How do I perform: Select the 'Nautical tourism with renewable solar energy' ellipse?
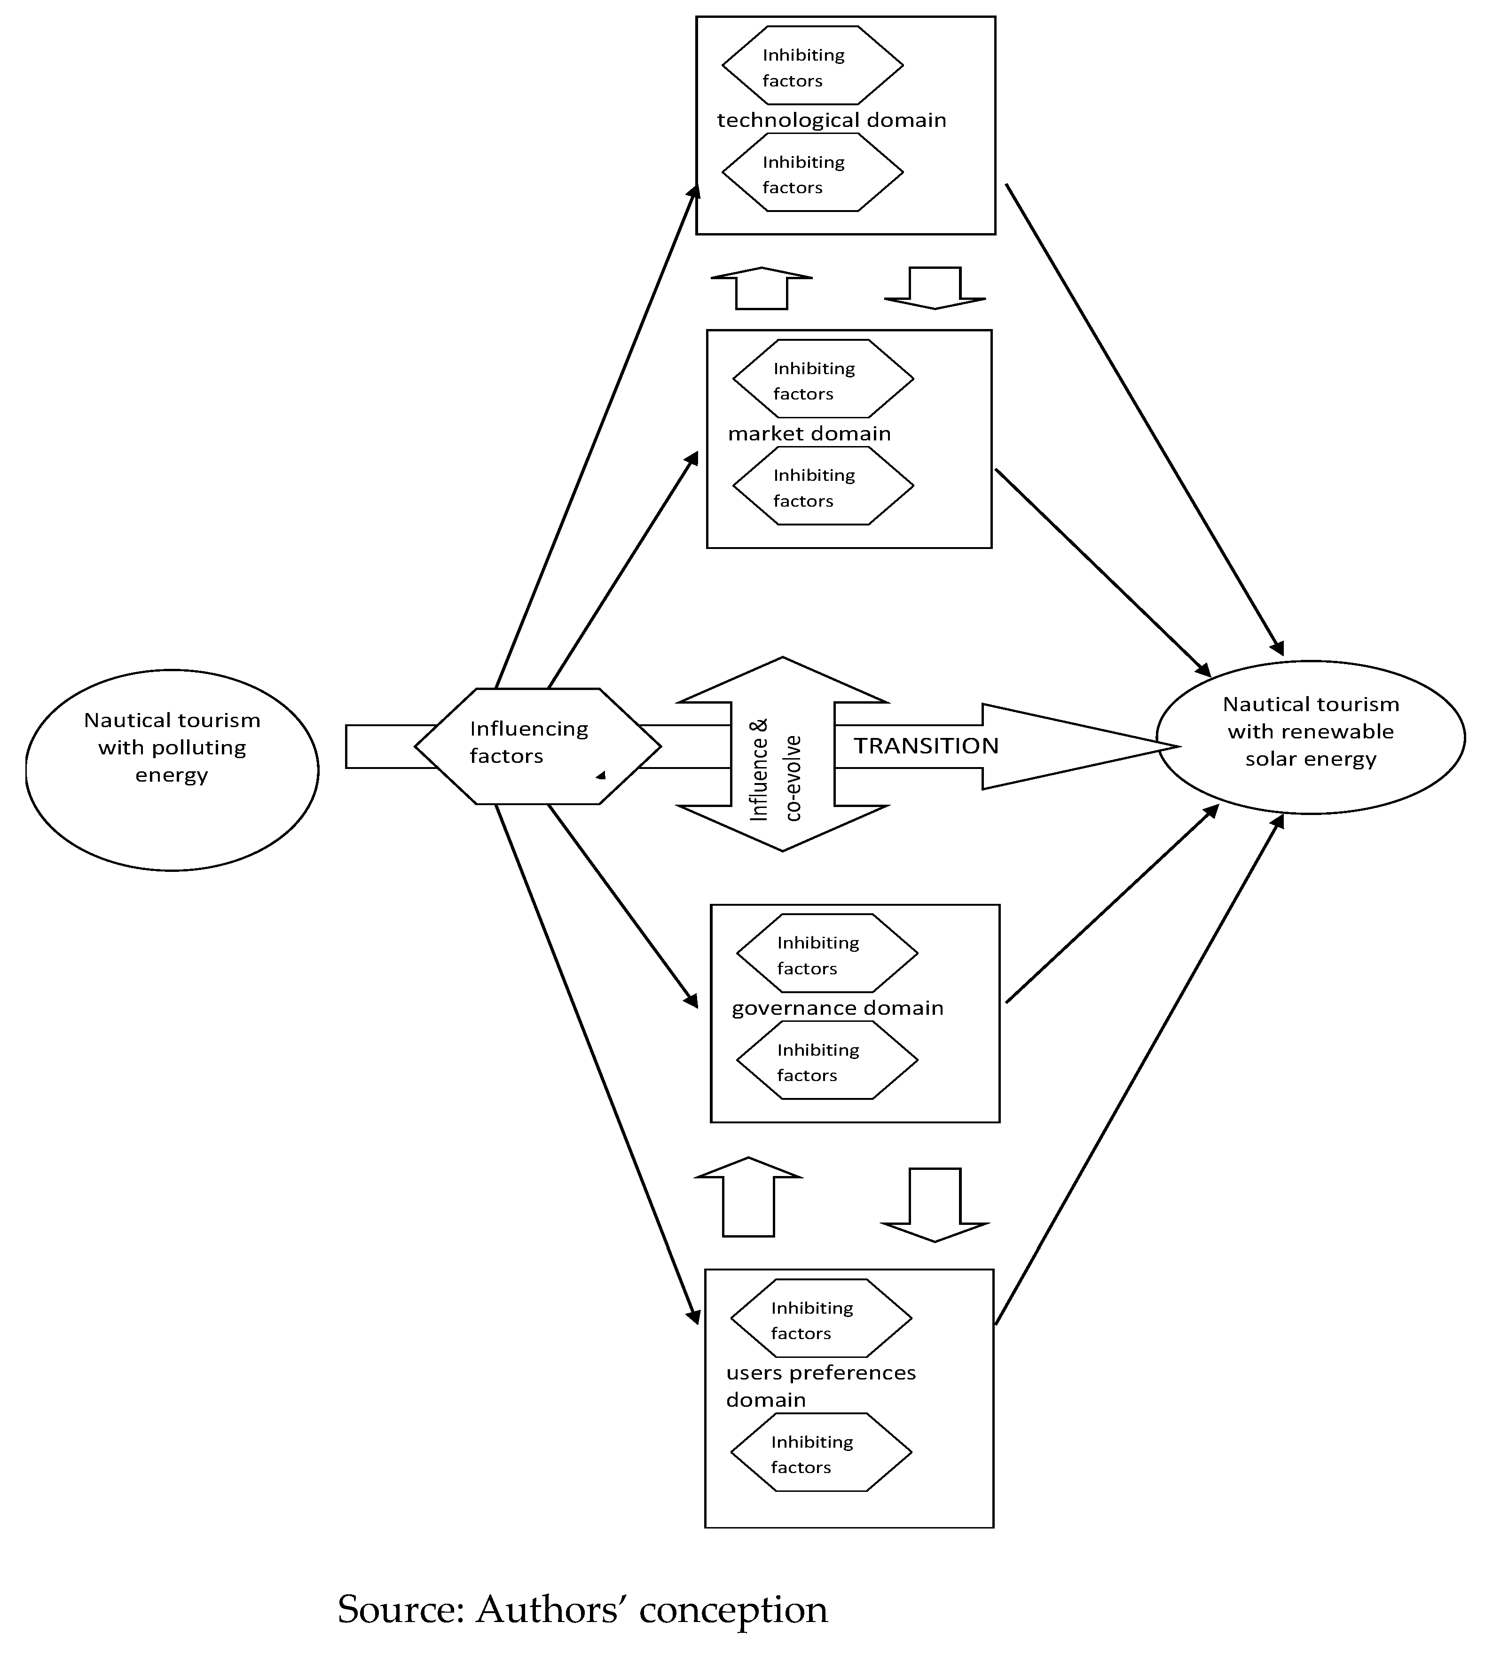coord(1311,737)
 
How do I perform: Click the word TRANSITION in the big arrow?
coord(926,746)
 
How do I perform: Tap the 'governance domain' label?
coord(837,1009)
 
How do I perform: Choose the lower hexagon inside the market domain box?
coord(823,487)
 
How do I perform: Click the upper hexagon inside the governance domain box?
coord(826,954)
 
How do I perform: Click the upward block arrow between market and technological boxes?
coord(761,289)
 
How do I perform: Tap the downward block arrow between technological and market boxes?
coord(935,287)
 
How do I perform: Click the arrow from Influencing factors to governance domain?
coord(622,905)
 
